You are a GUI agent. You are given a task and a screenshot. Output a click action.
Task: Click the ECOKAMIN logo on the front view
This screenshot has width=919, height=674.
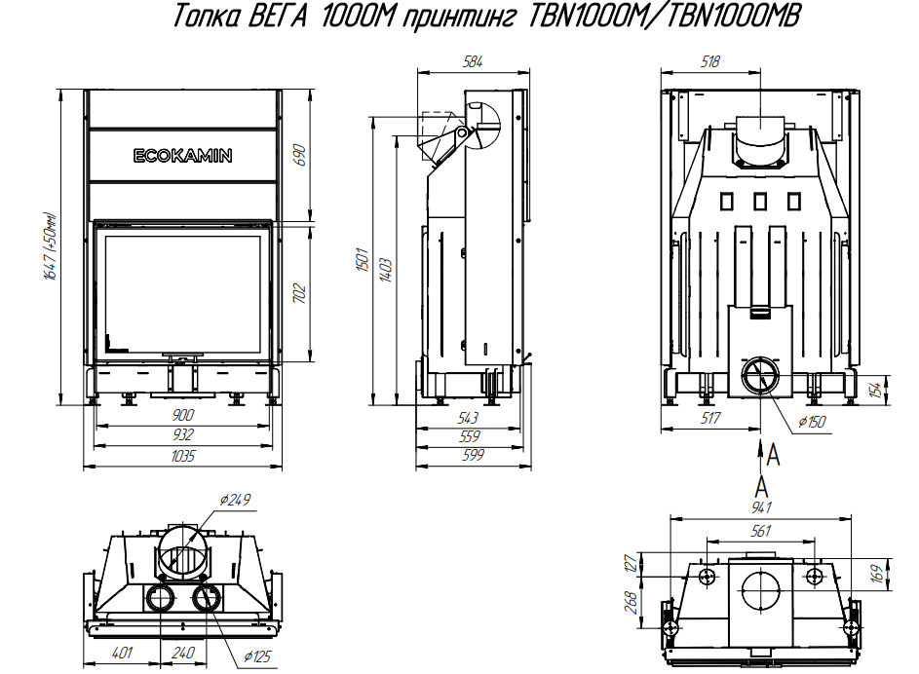coord(183,156)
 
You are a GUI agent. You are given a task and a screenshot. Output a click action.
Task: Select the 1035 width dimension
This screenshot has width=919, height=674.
coord(183,456)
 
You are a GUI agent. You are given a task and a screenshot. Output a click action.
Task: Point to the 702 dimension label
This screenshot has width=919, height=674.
coord(299,293)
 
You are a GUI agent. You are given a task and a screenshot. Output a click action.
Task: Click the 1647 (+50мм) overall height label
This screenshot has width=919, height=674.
coord(52,246)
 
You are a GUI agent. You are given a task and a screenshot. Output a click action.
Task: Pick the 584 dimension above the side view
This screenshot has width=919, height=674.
coord(473,61)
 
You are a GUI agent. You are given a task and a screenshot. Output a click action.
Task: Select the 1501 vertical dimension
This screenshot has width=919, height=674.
coord(363,259)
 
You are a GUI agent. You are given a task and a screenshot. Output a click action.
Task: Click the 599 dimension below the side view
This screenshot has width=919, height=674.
coord(473,455)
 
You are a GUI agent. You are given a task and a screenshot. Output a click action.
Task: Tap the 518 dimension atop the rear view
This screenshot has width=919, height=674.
coord(709,61)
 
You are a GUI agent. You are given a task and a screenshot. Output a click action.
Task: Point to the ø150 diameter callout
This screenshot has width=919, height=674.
coord(812,422)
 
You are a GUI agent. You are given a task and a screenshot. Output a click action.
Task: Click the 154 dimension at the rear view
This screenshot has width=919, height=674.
coord(875,390)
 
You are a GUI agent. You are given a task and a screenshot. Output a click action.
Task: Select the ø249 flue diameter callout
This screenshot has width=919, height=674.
coord(235,500)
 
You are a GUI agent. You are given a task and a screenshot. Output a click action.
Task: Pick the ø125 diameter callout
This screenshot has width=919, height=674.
coord(258,656)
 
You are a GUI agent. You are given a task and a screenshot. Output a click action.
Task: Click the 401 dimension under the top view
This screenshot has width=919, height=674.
coord(122,653)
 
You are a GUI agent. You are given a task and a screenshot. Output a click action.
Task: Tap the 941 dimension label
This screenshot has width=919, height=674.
coord(761,507)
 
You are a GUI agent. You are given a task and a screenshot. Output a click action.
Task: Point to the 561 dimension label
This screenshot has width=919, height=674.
coord(761,531)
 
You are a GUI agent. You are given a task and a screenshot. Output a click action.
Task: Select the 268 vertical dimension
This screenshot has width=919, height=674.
coord(632,602)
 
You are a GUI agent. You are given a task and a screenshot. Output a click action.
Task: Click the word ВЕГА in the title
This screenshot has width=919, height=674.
coord(277,17)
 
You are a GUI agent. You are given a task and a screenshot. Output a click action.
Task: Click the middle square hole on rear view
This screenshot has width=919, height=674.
coord(760,202)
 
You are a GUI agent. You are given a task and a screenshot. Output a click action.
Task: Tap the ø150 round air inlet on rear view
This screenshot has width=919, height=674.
coord(761,375)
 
